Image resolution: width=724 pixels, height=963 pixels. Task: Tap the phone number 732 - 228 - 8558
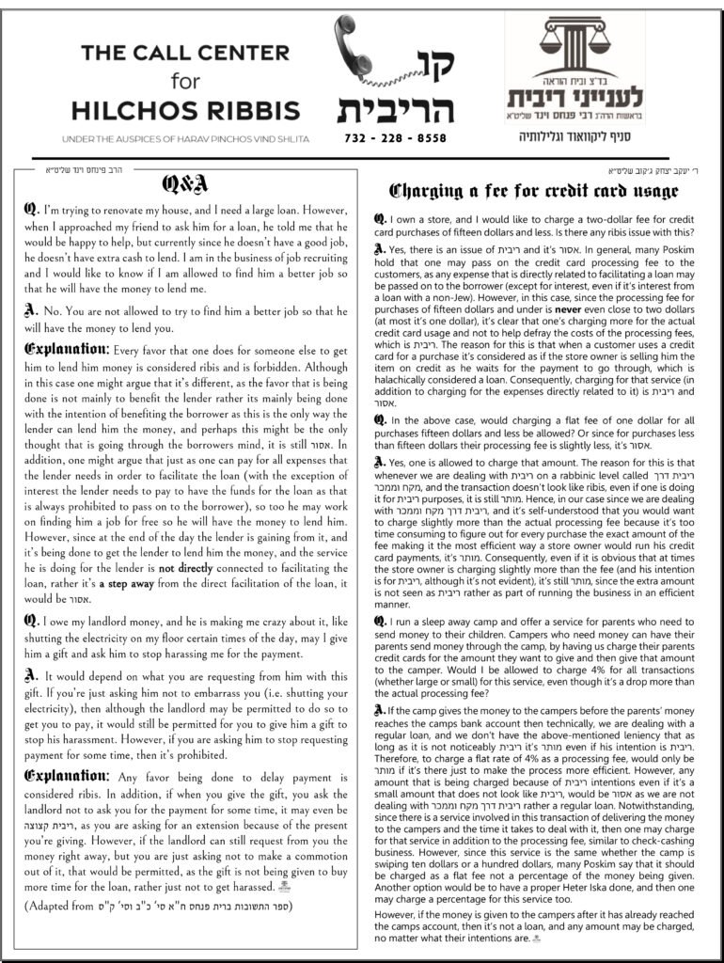point(398,137)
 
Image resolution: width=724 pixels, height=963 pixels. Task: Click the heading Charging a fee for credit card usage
point(533,191)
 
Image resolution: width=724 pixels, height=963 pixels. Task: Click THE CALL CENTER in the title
point(185,54)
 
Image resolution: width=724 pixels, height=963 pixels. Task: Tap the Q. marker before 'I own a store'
point(379,219)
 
